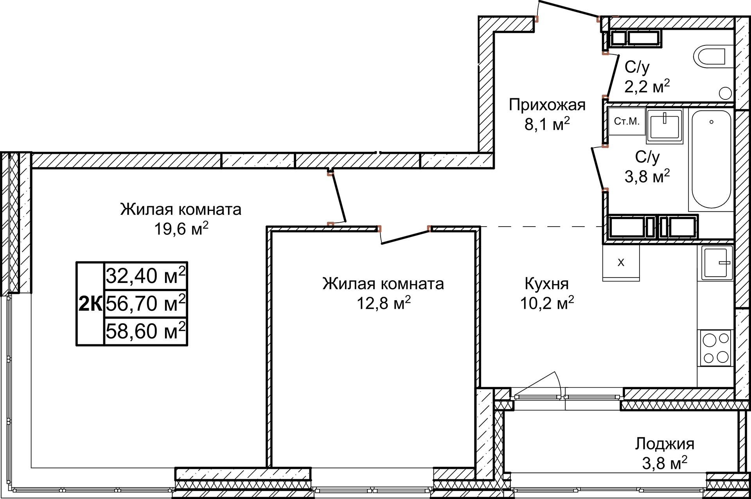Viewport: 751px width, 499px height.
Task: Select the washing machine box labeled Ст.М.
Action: pos(627,121)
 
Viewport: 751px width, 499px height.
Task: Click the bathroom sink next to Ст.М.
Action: pos(665,125)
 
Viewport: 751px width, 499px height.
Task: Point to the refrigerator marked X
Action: pos(621,263)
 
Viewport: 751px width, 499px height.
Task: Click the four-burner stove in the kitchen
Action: pos(715,348)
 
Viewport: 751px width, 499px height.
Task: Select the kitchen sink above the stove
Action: pos(717,263)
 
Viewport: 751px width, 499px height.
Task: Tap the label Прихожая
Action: pos(547,105)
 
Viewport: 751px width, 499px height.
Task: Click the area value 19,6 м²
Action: pos(181,229)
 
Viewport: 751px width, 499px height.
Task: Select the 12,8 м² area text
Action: pos(383,303)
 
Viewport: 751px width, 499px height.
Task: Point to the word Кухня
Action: pos(546,284)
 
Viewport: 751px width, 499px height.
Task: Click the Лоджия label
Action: pos(664,444)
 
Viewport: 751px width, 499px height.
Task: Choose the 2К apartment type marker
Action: pos(90,304)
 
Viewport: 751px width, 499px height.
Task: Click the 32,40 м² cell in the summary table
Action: pos(146,276)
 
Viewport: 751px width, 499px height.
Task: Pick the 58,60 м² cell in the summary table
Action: pos(146,331)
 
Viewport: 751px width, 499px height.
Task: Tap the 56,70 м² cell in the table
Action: pos(146,303)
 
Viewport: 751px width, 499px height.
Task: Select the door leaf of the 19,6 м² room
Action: pos(339,199)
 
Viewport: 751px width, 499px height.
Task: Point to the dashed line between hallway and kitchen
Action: pos(540,227)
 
